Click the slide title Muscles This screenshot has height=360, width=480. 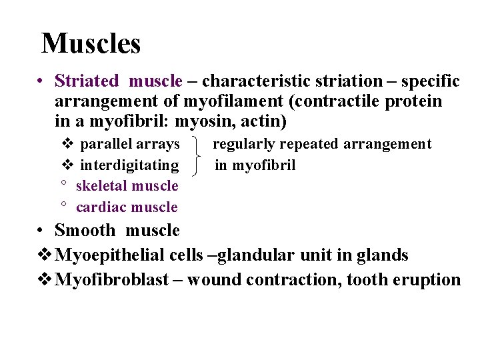click(91, 44)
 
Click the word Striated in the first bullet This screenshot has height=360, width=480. click(86, 81)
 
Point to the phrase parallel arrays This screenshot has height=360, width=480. click(129, 144)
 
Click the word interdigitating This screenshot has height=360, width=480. click(129, 165)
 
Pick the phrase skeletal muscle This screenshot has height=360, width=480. click(127, 186)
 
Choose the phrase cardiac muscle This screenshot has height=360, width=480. click(127, 207)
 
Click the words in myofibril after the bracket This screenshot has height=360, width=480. click(255, 165)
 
